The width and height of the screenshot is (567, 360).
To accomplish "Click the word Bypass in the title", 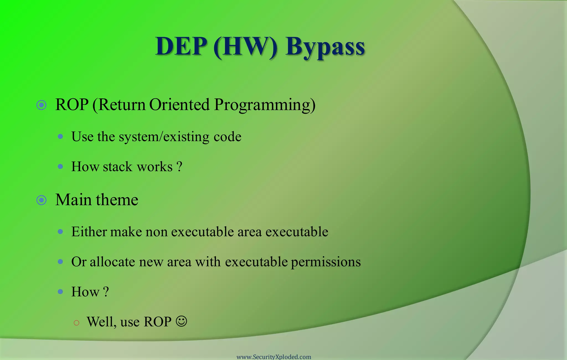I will [325, 47].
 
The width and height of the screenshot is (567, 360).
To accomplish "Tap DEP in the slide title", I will [181, 47].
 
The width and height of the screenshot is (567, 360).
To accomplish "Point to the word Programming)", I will [265, 105].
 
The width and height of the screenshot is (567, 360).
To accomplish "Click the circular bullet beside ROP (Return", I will [42, 105].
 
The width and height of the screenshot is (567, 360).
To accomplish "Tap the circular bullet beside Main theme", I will [42, 200].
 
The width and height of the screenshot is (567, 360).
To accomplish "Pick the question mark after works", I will [179, 167].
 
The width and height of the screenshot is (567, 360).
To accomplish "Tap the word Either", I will [89, 232].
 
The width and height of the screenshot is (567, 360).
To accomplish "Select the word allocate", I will [112, 262].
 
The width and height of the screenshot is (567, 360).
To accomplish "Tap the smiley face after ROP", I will [181, 322].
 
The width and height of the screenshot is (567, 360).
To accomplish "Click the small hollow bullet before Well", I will [77, 323].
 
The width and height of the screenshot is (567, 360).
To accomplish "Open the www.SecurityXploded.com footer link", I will [274, 357].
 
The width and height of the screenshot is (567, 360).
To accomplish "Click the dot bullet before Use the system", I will [60, 137].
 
